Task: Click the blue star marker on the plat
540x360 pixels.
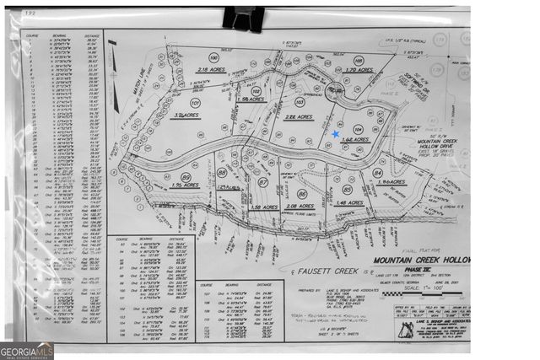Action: (335, 134)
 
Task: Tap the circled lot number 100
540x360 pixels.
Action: (213, 58)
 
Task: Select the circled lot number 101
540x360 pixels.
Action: (195, 103)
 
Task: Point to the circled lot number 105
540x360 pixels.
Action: (359, 60)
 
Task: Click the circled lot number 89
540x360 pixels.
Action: (186, 177)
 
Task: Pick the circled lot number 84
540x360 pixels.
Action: (377, 173)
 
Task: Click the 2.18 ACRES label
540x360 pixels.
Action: (208, 69)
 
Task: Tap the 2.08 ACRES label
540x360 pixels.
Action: (300, 205)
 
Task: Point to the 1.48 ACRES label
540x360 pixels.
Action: (348, 202)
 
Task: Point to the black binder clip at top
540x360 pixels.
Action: (244, 18)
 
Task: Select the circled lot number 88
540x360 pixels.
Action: (222, 172)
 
